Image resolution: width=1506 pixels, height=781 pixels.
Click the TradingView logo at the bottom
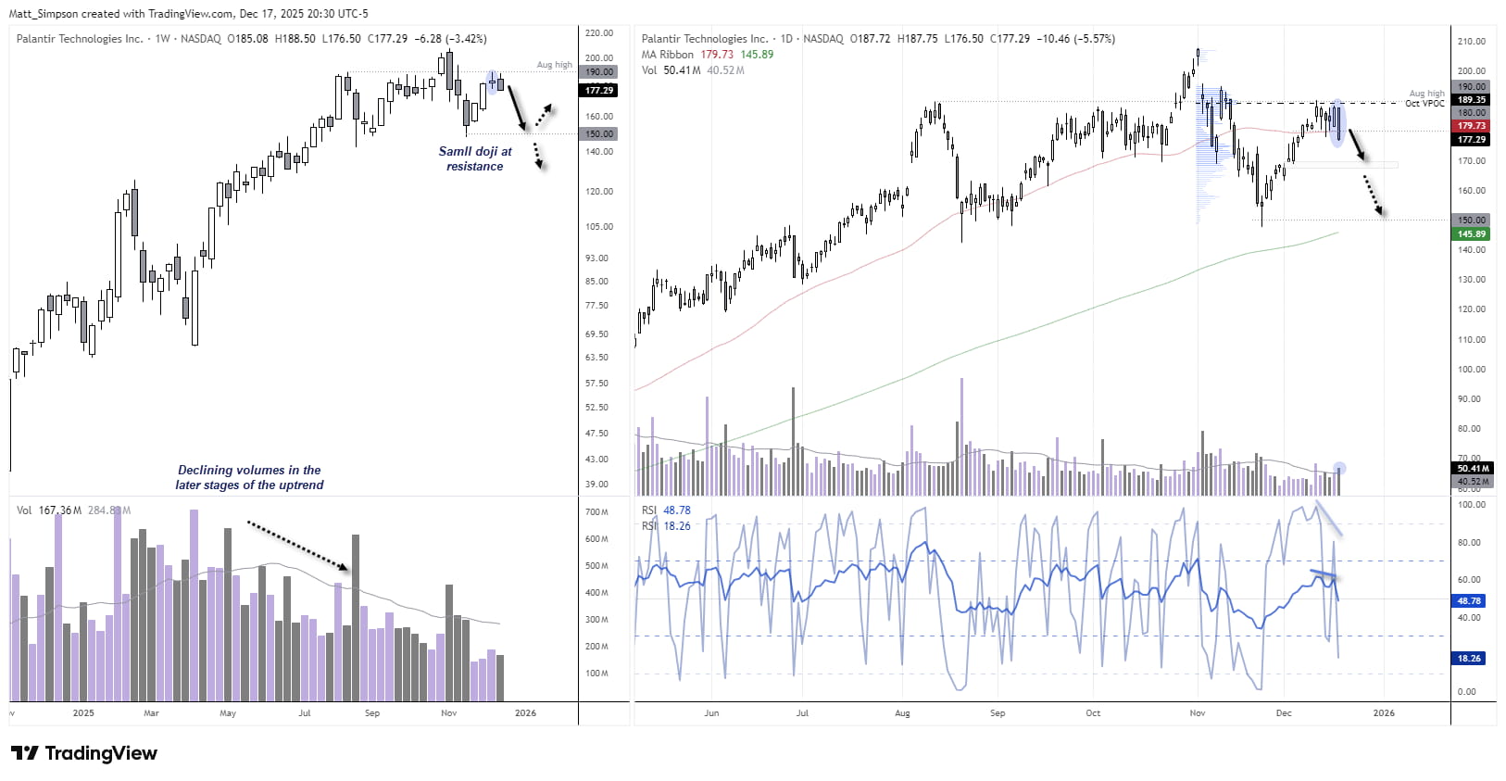pyautogui.click(x=84, y=753)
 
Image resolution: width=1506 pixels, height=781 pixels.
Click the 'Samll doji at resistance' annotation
pyautogui.click(x=475, y=158)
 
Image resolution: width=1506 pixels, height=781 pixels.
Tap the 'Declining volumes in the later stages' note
pyautogui.click(x=249, y=477)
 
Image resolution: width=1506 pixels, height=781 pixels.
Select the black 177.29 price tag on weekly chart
pyautogui.click(x=598, y=90)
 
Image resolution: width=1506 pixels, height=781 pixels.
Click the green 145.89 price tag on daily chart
pyautogui.click(x=1471, y=233)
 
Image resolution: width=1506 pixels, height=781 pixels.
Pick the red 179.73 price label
pyautogui.click(x=1471, y=125)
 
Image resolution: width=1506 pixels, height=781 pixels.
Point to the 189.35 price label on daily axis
pyautogui.click(x=1471, y=99)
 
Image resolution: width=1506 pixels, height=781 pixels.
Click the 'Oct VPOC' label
pyautogui.click(x=1424, y=103)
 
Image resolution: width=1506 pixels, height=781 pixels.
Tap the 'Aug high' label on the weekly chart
pyautogui.click(x=555, y=65)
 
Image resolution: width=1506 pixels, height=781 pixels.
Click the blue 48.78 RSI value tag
pyautogui.click(x=1469, y=600)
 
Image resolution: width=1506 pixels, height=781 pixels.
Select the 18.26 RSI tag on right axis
pyautogui.click(x=1469, y=658)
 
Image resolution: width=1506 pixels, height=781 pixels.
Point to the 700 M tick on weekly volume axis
pyautogui.click(x=596, y=512)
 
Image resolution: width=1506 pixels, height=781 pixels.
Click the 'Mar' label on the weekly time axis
pyautogui.click(x=151, y=713)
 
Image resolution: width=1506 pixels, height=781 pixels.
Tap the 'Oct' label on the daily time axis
pyautogui.click(x=1093, y=713)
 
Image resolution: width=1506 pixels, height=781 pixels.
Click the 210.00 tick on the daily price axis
pyautogui.click(x=1471, y=41)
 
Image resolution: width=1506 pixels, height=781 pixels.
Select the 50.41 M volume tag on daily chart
pyautogui.click(x=1471, y=468)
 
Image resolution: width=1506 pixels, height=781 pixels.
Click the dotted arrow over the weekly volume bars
pyautogui.click(x=298, y=546)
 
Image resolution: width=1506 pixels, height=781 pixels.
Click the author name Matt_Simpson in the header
pyautogui.click(x=43, y=14)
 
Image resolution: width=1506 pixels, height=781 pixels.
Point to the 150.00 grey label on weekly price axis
pyautogui.click(x=598, y=133)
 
